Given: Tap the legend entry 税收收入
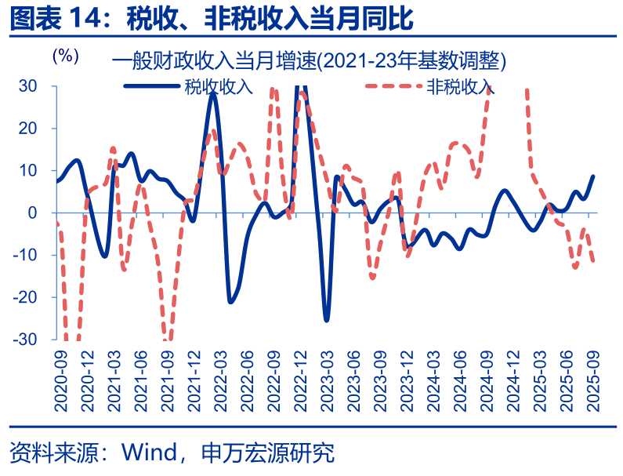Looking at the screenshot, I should point(219,86).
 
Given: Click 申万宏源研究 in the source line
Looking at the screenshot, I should point(268,452).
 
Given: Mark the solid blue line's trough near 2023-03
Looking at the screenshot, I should point(326,320).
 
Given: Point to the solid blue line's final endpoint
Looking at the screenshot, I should point(592,176).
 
